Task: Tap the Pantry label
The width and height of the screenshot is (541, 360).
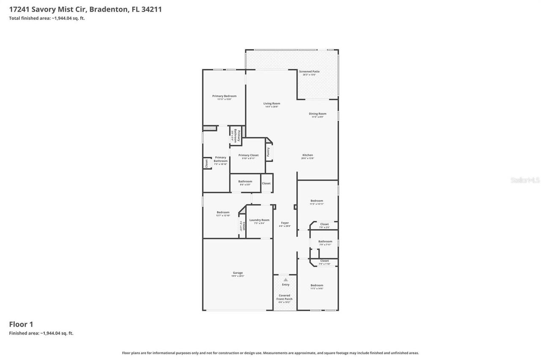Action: tap(268, 152)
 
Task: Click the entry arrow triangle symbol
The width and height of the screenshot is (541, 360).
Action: tap(285, 280)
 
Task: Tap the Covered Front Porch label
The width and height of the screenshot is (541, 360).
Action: tap(284, 297)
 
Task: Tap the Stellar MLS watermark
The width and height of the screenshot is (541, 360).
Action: tap(525, 180)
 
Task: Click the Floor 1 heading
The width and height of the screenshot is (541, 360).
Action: tap(21, 325)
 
